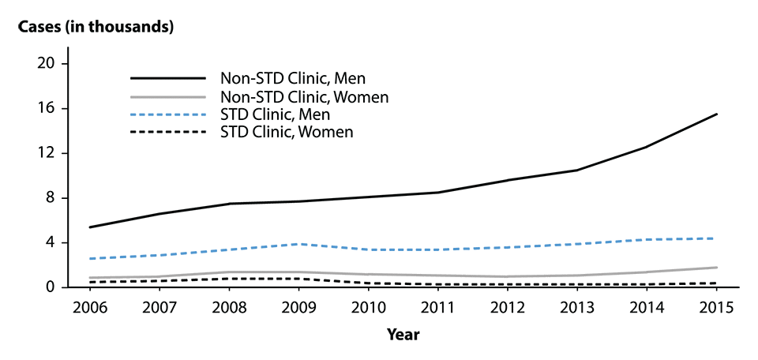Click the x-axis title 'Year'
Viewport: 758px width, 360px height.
pos(403,335)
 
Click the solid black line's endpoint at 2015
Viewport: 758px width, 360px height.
pos(717,114)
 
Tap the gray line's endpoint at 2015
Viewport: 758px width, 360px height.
pos(717,268)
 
